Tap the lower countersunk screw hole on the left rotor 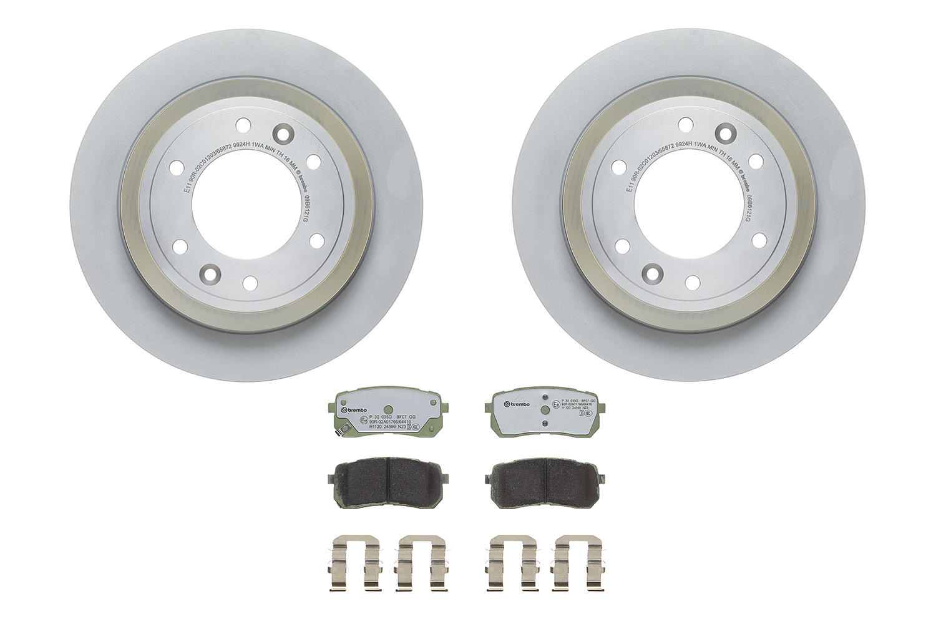click(208, 273)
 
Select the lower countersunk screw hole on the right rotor click(652, 273)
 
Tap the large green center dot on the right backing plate click(545, 409)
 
